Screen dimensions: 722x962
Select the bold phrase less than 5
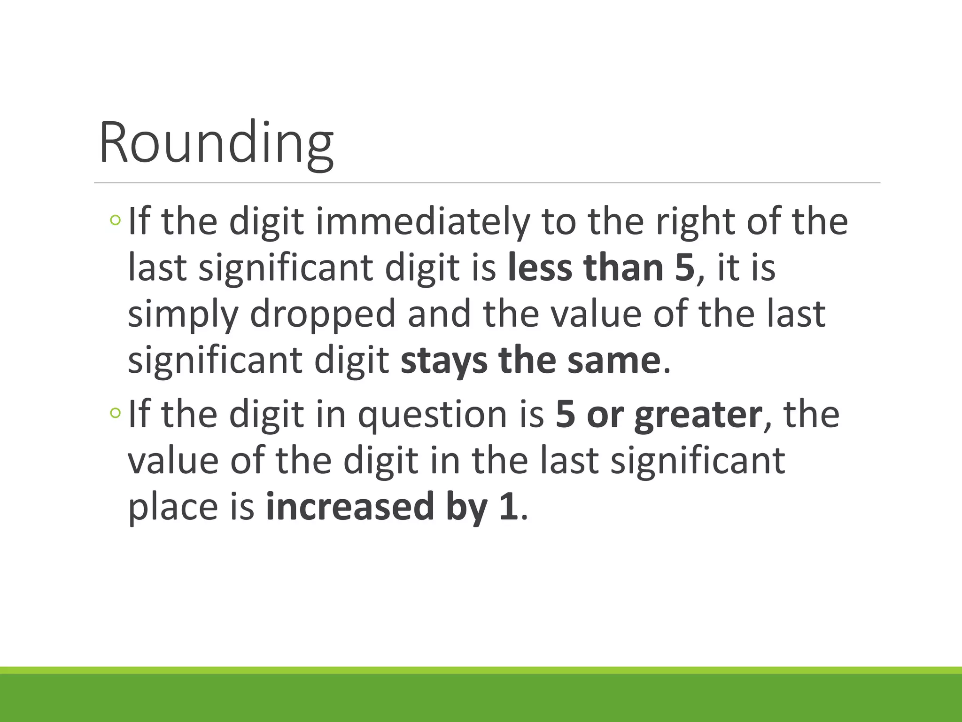[x=601, y=267]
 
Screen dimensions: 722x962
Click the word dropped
[x=323, y=314]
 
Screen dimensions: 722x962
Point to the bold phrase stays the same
[x=531, y=361]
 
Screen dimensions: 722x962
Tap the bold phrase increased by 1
[x=392, y=507]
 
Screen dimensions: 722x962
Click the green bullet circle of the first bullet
[x=115, y=220]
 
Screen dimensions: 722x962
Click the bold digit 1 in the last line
[x=509, y=507]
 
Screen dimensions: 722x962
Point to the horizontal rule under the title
[x=487, y=183]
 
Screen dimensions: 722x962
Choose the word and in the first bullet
[x=439, y=314]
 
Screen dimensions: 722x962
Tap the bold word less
[x=539, y=267]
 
